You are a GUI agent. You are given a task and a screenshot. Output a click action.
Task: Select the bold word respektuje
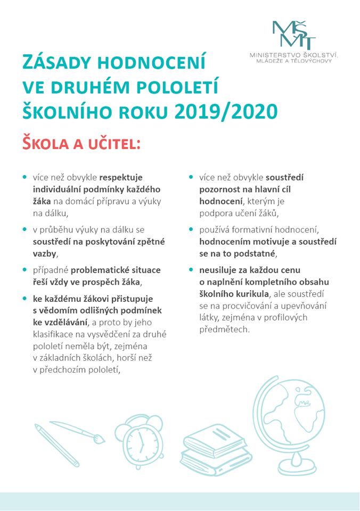click(x=121, y=177)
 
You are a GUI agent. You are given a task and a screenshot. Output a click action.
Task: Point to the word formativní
click(x=253, y=229)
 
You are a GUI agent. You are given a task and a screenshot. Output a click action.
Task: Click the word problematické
click(x=103, y=270)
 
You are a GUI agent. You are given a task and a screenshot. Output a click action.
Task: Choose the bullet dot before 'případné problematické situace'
click(x=25, y=270)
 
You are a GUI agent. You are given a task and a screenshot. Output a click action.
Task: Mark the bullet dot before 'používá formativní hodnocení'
click(x=191, y=229)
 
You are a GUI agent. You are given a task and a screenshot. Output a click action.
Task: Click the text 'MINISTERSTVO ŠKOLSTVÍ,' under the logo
click(x=294, y=55)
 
